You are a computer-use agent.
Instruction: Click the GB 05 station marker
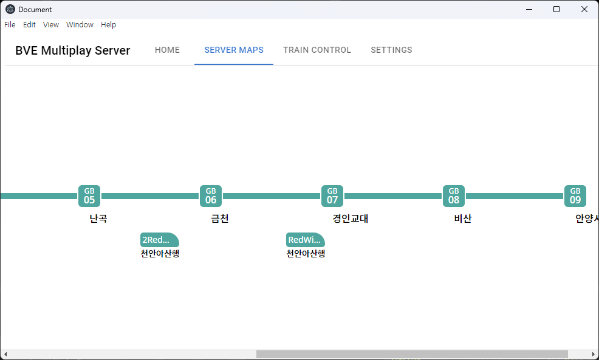point(89,196)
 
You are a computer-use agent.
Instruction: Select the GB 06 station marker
point(210,196)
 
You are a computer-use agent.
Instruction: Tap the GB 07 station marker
point(332,196)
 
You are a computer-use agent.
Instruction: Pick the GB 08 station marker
point(453,196)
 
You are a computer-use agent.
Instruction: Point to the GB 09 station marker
point(575,196)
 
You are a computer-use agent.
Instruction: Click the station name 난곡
point(98,219)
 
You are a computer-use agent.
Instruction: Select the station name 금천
point(220,219)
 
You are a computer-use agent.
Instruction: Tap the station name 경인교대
point(351,219)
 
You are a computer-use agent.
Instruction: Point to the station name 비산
point(463,219)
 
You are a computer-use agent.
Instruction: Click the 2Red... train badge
point(159,240)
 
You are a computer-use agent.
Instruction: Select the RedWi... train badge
point(305,240)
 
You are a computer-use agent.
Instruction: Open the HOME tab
point(167,50)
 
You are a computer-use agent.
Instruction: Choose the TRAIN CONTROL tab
point(317,50)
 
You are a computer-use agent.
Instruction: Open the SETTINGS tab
point(391,50)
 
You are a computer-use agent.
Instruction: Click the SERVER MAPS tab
point(234,50)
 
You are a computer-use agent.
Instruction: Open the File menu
point(10,24)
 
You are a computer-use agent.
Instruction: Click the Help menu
point(109,24)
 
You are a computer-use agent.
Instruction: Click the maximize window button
point(556,9)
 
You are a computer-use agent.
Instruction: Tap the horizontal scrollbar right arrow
point(594,355)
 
